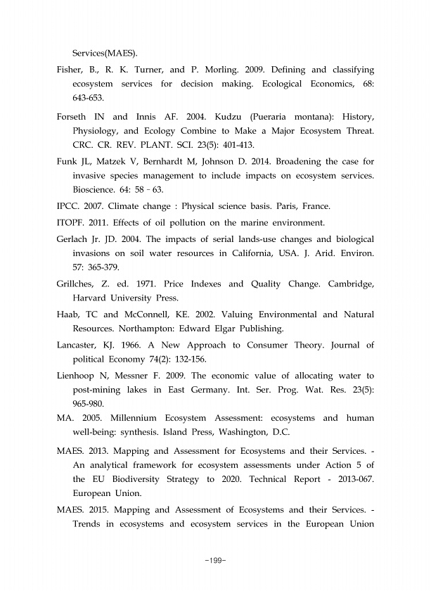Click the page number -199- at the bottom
point(215,560)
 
